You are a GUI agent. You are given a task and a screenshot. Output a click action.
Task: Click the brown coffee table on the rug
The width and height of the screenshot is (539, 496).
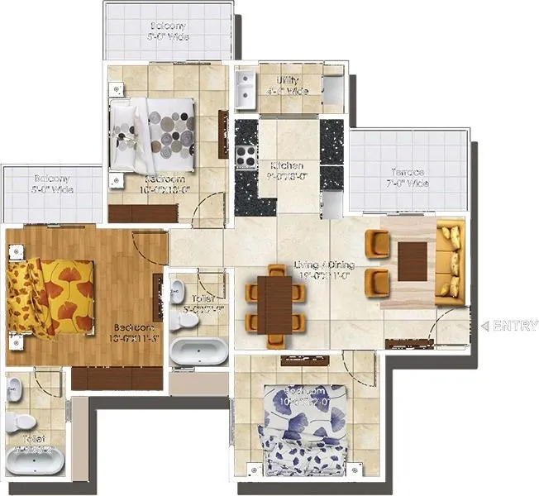[413, 262]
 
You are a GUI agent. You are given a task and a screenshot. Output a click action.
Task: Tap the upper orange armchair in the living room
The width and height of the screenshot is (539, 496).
[377, 243]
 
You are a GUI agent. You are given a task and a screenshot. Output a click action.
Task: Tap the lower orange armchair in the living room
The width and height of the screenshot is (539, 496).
[377, 282]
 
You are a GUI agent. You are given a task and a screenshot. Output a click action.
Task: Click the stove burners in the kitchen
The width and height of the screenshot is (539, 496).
[246, 154]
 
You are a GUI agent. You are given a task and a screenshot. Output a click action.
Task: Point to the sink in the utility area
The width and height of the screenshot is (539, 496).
[246, 91]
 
